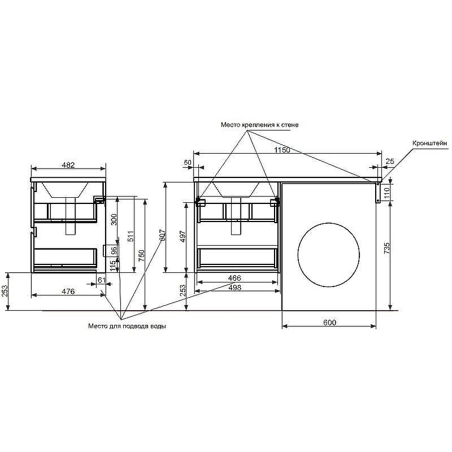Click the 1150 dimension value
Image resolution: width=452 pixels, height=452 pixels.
coord(282,150)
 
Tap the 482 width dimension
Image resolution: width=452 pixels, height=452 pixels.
coord(68,165)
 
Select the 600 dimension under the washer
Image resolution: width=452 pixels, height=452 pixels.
coord(329,322)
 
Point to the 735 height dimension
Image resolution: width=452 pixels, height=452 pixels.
coord(387,248)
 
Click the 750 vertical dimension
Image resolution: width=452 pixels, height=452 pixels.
coord(141,256)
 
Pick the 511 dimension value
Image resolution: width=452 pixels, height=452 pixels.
coord(131,236)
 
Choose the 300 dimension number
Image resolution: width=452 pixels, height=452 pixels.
coord(114,220)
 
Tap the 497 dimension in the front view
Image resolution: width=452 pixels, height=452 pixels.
coord(183,236)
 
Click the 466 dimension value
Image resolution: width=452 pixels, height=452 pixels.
coord(234,278)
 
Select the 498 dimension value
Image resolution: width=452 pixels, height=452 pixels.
coord(234,288)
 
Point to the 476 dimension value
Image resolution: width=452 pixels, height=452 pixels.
coord(68,291)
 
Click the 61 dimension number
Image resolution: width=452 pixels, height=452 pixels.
coord(102,280)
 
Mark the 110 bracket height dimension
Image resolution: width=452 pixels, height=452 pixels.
coord(387,192)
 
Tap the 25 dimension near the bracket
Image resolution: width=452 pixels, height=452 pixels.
coord(390,162)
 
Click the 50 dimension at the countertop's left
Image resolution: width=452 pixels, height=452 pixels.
coord(188,162)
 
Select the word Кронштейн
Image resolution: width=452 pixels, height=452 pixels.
coord(430,143)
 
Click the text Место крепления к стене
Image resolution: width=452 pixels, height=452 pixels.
coord(260,125)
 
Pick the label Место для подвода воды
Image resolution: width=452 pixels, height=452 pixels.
coord(127,327)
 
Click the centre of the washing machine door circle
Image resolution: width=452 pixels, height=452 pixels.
coord(329,255)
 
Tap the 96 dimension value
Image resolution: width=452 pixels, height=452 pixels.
coord(114,251)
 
